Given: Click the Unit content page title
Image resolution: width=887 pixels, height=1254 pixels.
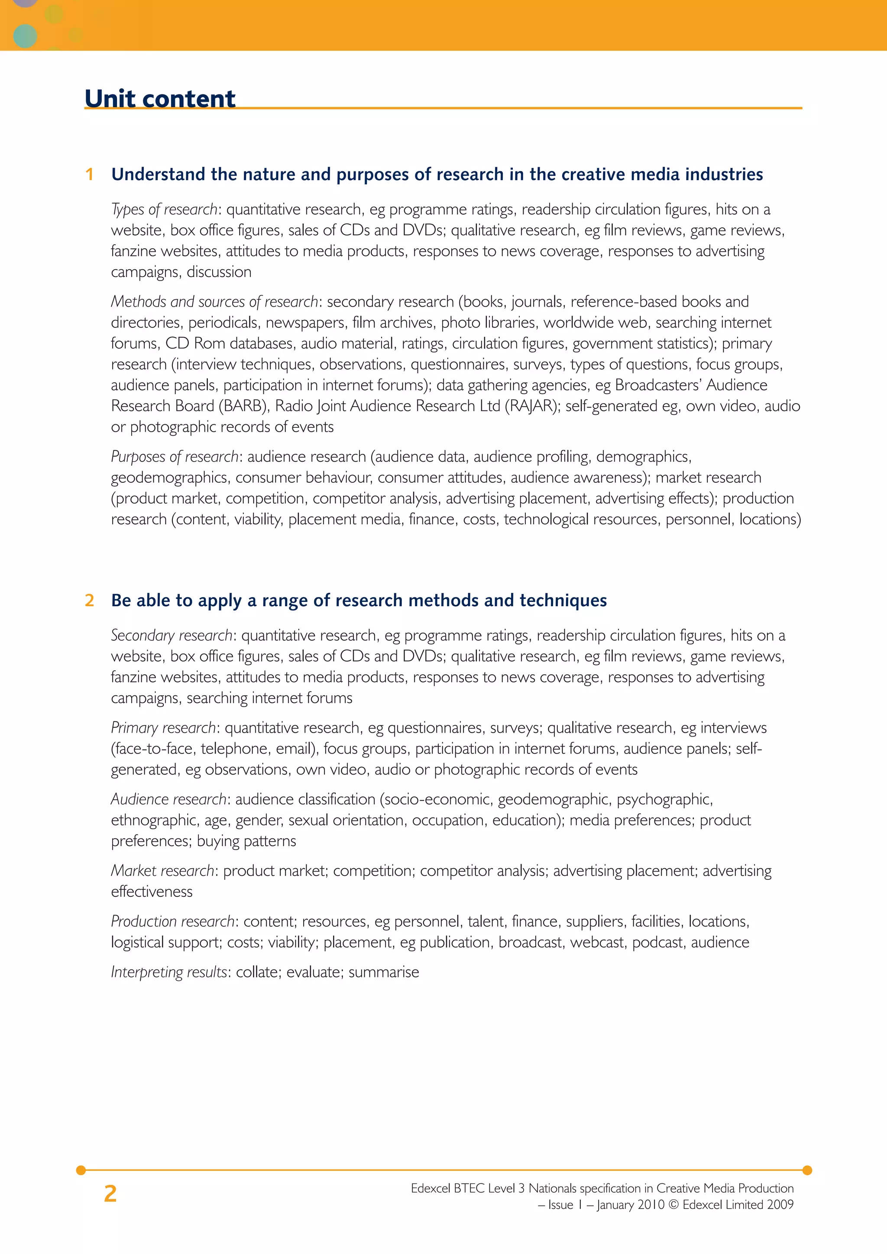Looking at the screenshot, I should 160,98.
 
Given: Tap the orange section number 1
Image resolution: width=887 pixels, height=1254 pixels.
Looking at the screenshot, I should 90,175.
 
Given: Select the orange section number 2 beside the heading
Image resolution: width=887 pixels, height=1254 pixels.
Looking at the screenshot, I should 90,601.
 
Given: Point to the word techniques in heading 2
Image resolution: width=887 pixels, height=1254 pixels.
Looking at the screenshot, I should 563,601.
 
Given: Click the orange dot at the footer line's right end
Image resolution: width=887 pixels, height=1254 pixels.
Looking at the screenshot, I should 807,1170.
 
